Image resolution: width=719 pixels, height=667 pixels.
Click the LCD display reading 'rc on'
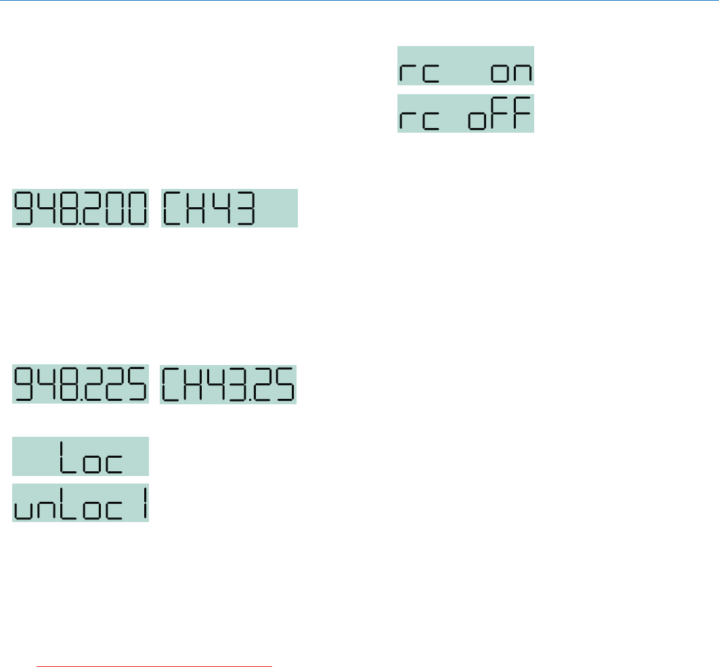pos(465,66)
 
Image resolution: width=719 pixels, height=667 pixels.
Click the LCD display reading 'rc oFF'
pos(465,113)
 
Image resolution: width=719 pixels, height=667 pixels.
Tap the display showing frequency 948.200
pos(81,208)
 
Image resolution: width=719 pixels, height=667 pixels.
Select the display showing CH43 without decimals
pos(229,208)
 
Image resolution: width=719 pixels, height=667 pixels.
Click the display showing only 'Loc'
pos(81,456)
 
